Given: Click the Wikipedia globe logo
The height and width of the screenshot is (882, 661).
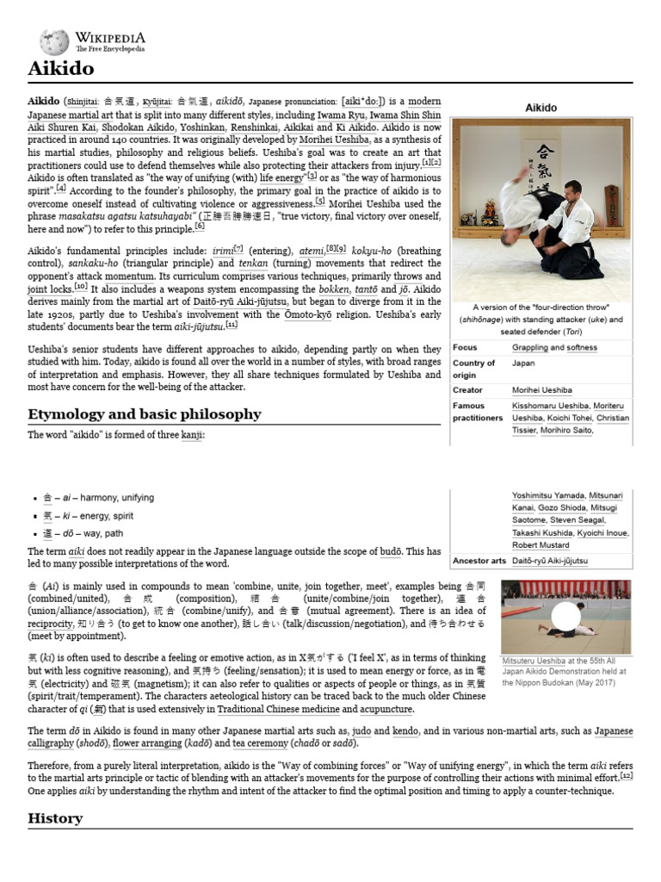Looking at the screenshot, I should (54, 40).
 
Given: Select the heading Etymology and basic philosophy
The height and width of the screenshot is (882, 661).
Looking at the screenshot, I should (144, 414).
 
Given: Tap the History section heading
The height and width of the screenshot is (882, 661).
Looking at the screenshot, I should (54, 817).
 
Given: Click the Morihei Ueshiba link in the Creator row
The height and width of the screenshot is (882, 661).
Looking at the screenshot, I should (543, 390).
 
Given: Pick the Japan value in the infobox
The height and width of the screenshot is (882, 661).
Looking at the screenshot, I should (524, 363).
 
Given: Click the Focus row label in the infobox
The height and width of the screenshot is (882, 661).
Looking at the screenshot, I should (465, 347).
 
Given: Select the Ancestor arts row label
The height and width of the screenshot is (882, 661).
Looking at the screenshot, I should (479, 560).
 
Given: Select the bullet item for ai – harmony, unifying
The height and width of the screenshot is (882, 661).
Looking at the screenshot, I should (99, 498).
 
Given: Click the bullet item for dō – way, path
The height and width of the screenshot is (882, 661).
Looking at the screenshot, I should (85, 532).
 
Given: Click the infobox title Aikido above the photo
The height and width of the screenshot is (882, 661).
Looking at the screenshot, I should (541, 108).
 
